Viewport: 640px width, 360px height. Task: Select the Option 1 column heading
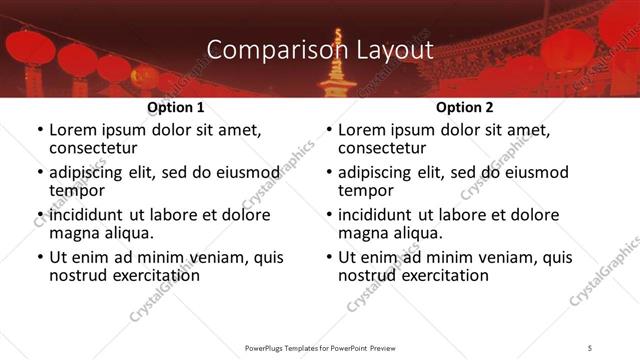(x=176, y=107)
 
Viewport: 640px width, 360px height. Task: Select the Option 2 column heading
(x=465, y=107)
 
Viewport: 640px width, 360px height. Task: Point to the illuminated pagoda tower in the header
(x=338, y=66)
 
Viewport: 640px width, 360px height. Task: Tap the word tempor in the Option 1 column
(x=76, y=190)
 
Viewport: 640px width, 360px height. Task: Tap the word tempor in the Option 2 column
(x=364, y=190)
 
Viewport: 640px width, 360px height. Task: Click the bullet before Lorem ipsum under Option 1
(x=39, y=131)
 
